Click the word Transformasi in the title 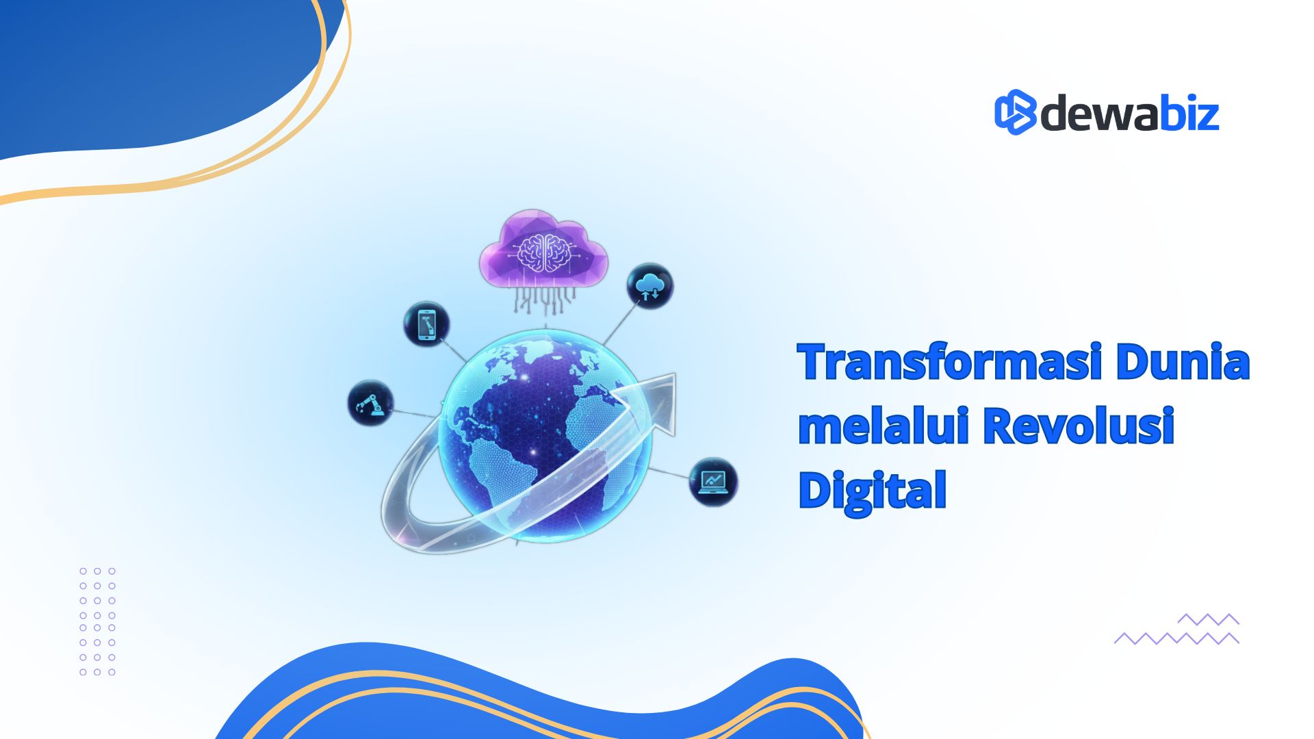pos(950,362)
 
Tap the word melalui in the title pos(884,426)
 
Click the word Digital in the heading pos(873,490)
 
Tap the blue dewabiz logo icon pos(1015,112)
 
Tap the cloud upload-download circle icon pos(649,286)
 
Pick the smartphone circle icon pos(426,324)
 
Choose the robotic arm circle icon pos(370,403)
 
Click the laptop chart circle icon pos(713,482)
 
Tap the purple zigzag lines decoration pos(1176,629)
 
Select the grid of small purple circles pos(97,621)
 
